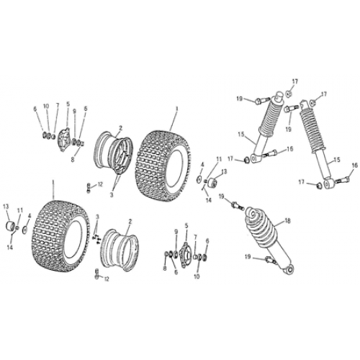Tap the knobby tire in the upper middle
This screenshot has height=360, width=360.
click(x=164, y=157)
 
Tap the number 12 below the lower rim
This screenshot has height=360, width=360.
click(x=107, y=279)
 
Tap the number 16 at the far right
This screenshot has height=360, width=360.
click(x=354, y=166)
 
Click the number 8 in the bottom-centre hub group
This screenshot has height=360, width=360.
click(x=165, y=269)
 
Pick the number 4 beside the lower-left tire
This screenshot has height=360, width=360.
click(x=29, y=215)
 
